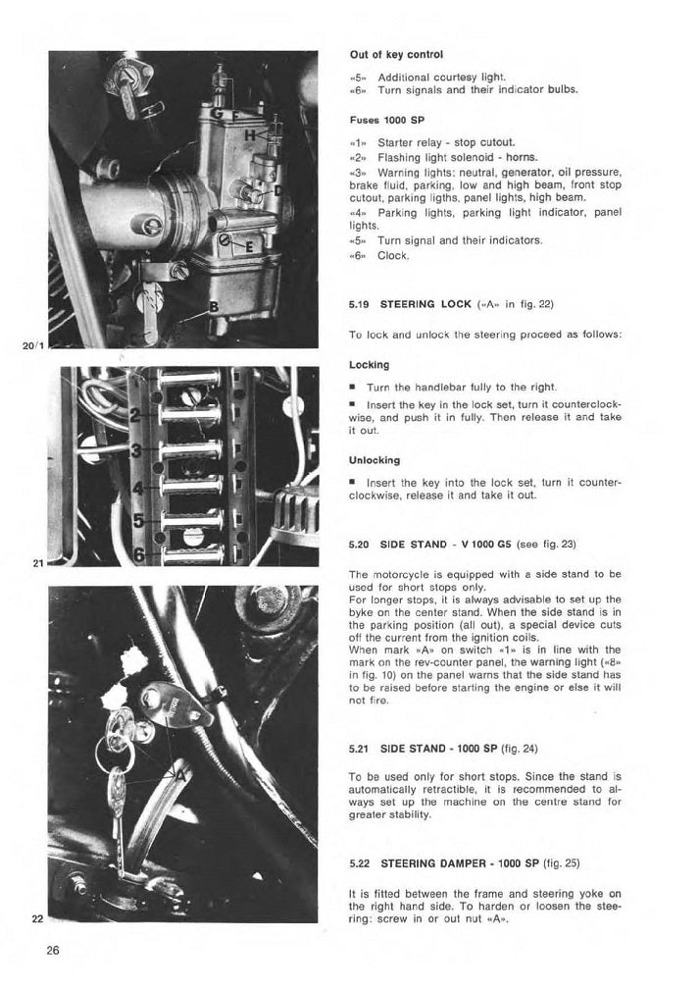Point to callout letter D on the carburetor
click(x=279, y=189)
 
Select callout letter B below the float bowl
click(x=212, y=307)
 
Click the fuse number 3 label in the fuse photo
click(x=136, y=450)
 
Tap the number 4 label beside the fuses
click(x=137, y=487)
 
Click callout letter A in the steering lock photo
click(x=179, y=771)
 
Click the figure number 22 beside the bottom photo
click(x=37, y=919)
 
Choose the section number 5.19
click(x=360, y=305)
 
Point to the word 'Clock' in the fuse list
click(x=393, y=256)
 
